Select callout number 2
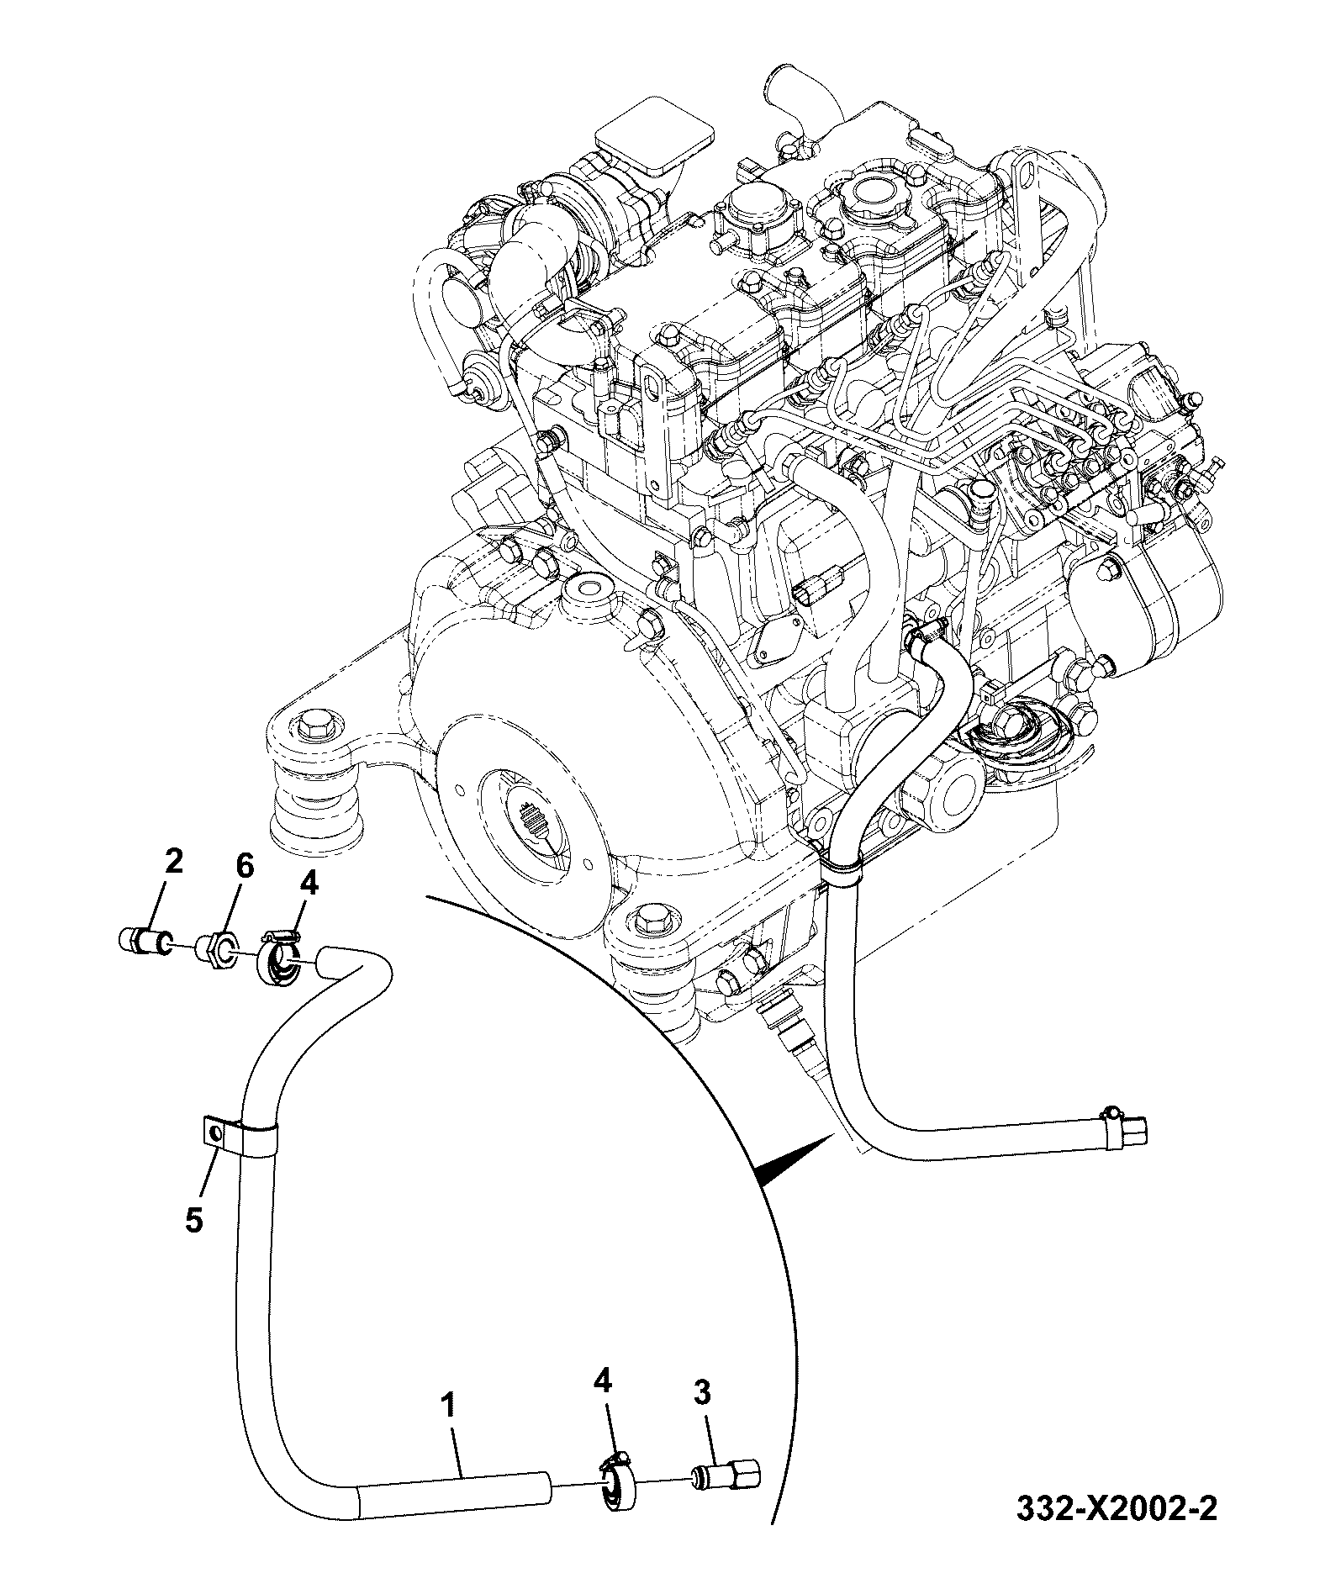click(x=173, y=863)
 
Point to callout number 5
click(x=195, y=1220)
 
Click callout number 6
click(x=243, y=867)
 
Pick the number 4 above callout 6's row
click(x=309, y=883)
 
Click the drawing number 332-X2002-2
click(x=1117, y=1530)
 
